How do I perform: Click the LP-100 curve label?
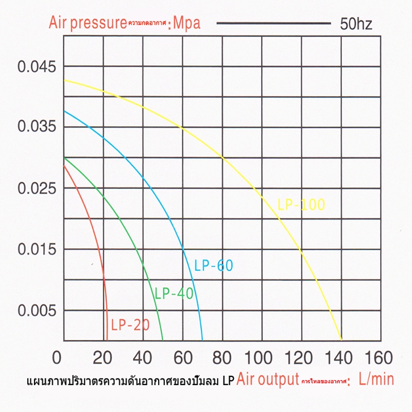[301, 205]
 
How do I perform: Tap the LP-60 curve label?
[214, 266]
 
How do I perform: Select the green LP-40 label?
[174, 294]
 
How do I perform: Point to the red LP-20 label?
[130, 325]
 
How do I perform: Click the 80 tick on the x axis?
[222, 357]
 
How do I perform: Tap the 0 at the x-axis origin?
[58, 357]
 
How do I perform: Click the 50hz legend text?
[356, 24]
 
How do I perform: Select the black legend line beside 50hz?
[273, 23]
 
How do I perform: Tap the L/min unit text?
[376, 380]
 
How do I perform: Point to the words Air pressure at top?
[88, 23]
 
